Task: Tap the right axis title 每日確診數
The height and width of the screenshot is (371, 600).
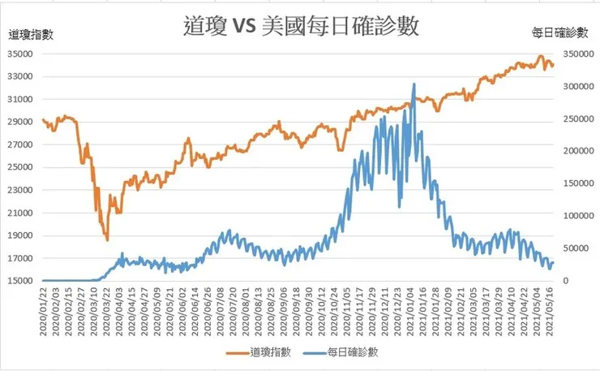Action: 559,33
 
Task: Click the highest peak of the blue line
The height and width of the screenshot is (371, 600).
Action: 414,84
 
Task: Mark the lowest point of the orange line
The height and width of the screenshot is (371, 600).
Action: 107,239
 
